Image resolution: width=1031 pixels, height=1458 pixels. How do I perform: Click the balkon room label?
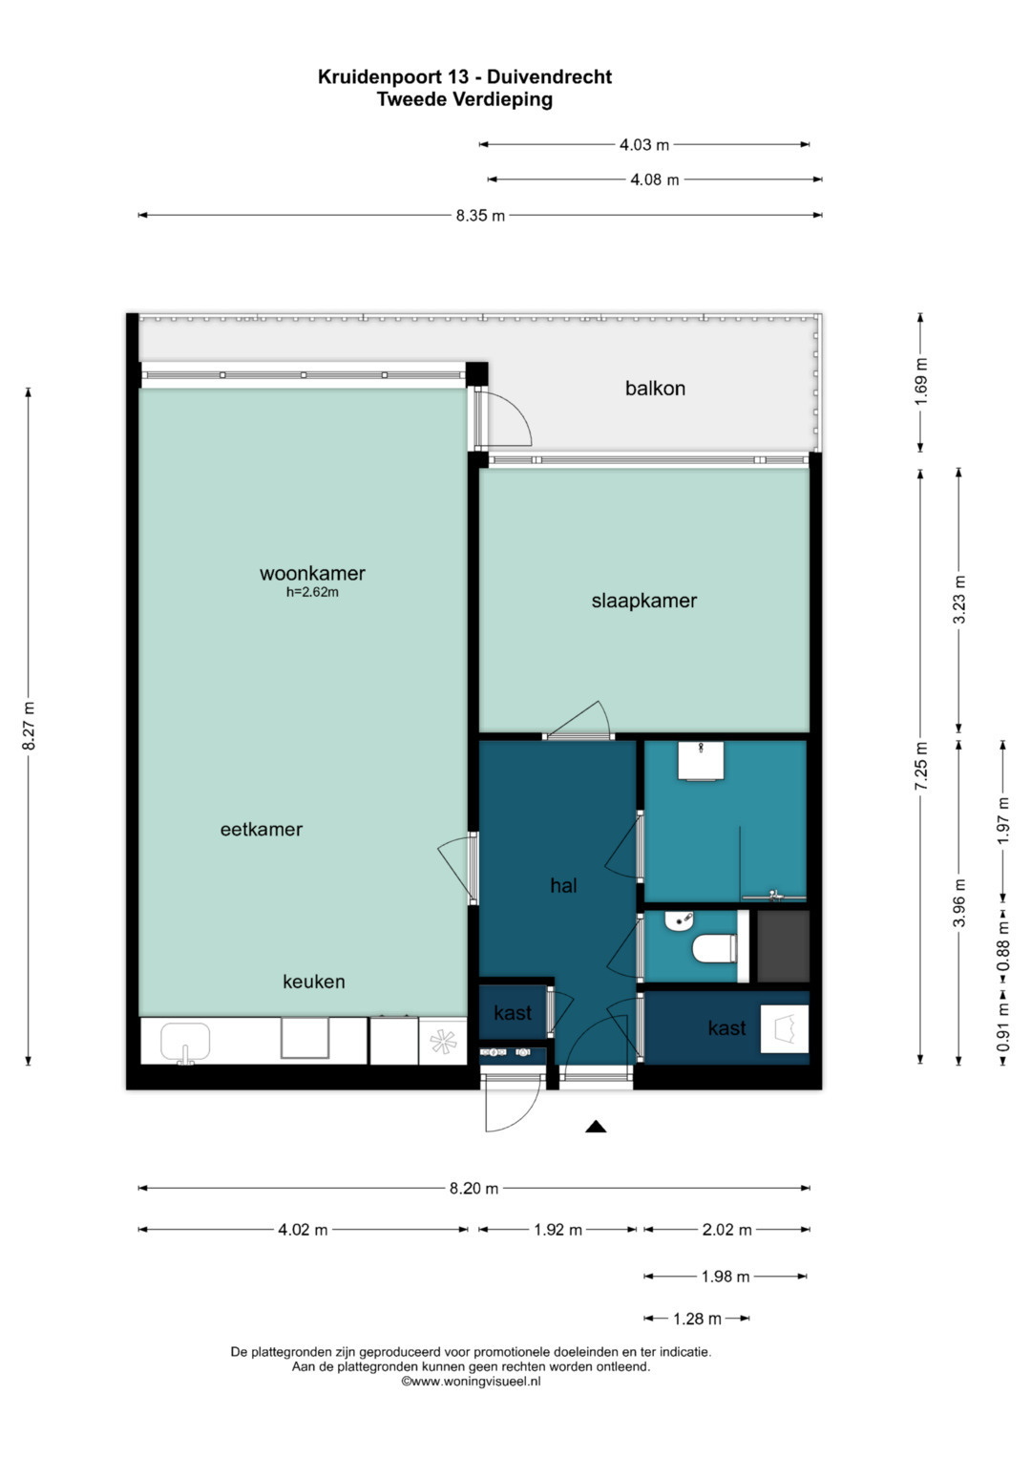point(655,389)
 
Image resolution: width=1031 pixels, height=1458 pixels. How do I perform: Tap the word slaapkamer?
point(643,601)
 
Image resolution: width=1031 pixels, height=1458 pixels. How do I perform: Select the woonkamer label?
point(312,574)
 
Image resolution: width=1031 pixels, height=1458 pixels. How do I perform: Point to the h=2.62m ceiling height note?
point(312,592)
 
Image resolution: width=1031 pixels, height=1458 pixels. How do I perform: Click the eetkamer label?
point(261,829)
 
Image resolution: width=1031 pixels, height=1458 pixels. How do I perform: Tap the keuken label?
point(314,982)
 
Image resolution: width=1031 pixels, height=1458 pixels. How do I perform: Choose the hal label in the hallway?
point(563,885)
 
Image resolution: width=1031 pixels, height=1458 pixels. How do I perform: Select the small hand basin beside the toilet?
point(679,920)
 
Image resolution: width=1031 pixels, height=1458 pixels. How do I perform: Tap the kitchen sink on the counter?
point(185,1042)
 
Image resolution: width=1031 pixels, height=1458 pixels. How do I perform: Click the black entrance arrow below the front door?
point(596,1127)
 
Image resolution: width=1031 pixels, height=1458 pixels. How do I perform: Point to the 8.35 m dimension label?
point(480,216)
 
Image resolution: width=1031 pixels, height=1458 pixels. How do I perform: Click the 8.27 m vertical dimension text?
point(29,727)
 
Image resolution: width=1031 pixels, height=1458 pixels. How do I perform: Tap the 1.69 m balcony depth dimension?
point(921,381)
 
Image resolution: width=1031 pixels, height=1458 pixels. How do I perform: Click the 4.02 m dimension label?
point(303,1230)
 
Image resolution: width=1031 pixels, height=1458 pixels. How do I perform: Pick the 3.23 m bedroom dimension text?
point(958,601)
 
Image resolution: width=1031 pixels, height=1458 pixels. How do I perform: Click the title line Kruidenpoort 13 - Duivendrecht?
point(465,76)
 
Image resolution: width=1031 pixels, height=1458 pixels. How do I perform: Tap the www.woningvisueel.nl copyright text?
point(471,1382)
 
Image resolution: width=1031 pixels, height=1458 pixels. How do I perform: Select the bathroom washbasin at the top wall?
point(701,760)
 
